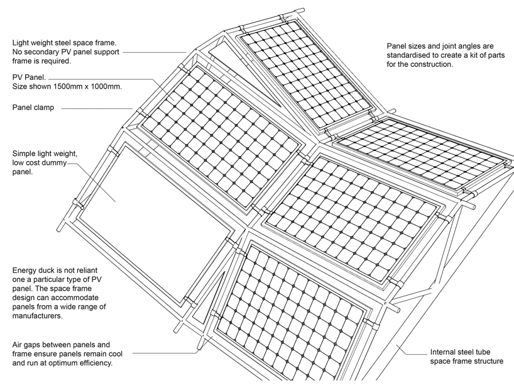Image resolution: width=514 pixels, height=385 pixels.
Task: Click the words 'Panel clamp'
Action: point(33,108)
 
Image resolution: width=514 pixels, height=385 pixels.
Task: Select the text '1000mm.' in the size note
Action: point(104,86)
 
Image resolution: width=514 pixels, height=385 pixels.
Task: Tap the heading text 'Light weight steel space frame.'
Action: point(65,43)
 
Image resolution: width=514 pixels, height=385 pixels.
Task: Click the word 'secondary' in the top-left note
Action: point(43,52)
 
